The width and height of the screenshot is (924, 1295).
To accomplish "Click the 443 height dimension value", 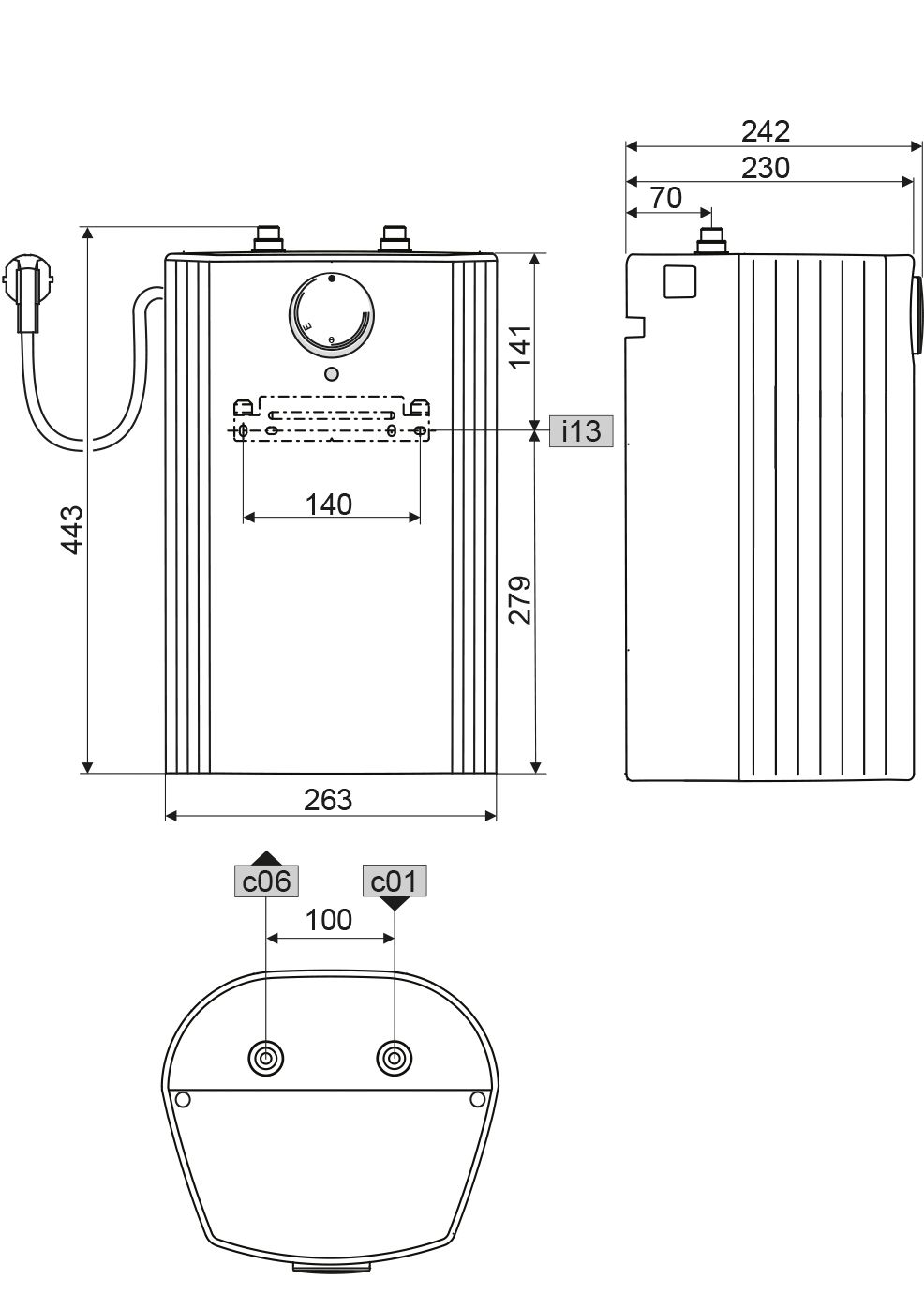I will tap(71, 529).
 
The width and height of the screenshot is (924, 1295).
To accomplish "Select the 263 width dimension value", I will tap(328, 799).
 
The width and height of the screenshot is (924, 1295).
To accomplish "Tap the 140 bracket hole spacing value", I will tap(329, 504).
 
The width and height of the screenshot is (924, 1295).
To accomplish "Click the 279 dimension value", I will tap(520, 599).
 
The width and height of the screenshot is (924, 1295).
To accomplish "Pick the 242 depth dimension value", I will tap(766, 131).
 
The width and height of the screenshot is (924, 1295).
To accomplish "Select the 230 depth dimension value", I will tap(766, 167).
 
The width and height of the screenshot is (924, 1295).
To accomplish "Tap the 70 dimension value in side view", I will tap(665, 199).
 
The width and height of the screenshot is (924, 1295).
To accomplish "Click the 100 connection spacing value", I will tap(329, 920).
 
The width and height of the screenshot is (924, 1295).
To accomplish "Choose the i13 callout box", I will tap(580, 431).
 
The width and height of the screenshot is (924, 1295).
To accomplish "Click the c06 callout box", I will tap(266, 881).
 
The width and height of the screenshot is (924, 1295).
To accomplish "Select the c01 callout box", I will tap(395, 881).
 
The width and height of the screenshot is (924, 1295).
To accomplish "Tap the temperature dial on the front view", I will tap(331, 317).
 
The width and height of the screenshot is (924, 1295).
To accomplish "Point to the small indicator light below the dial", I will tap(331, 375).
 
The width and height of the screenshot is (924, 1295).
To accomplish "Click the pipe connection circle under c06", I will tap(267, 1058).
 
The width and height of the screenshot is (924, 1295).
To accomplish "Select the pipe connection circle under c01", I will tap(395, 1058).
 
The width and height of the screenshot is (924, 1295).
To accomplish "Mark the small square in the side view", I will tap(680, 281).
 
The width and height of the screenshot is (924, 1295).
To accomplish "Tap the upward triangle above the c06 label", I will tap(267, 857).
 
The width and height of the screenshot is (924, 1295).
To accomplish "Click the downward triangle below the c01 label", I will tap(395, 903).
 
